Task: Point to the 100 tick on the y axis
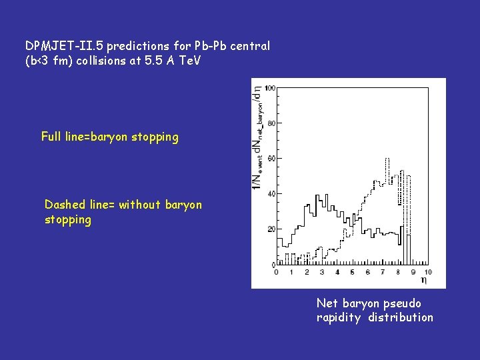coord(270,88)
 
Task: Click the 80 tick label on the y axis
coord(271,123)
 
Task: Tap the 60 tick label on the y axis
coord(271,159)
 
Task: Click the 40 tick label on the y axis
coord(271,194)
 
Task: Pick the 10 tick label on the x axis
coord(427,272)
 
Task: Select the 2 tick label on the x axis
coord(306,272)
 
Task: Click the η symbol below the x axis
coord(424,281)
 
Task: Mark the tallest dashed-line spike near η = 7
coord(387,160)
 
